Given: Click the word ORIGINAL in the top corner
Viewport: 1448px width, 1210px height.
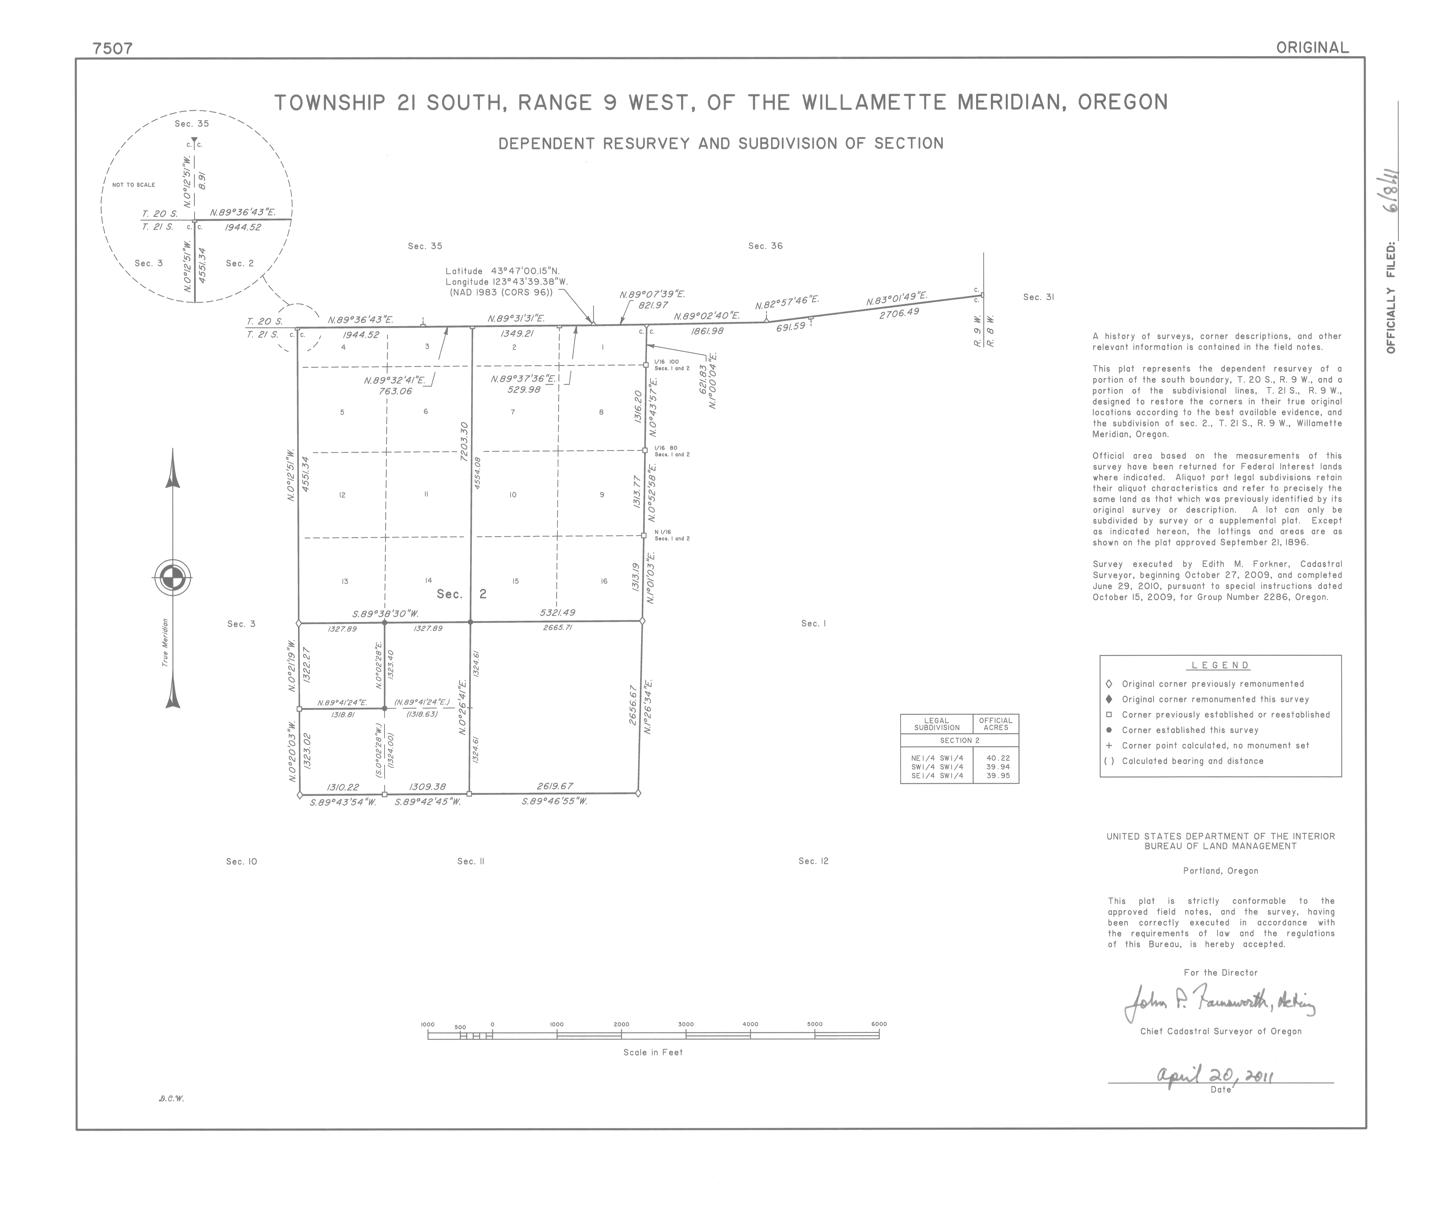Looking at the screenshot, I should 1312,47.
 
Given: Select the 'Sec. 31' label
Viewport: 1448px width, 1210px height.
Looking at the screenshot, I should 1039,297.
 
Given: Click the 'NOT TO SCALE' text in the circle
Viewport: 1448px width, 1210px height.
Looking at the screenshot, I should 134,185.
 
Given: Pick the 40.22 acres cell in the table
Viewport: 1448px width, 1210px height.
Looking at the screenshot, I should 998,758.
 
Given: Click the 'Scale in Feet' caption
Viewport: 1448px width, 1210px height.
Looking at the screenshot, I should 652,1052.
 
